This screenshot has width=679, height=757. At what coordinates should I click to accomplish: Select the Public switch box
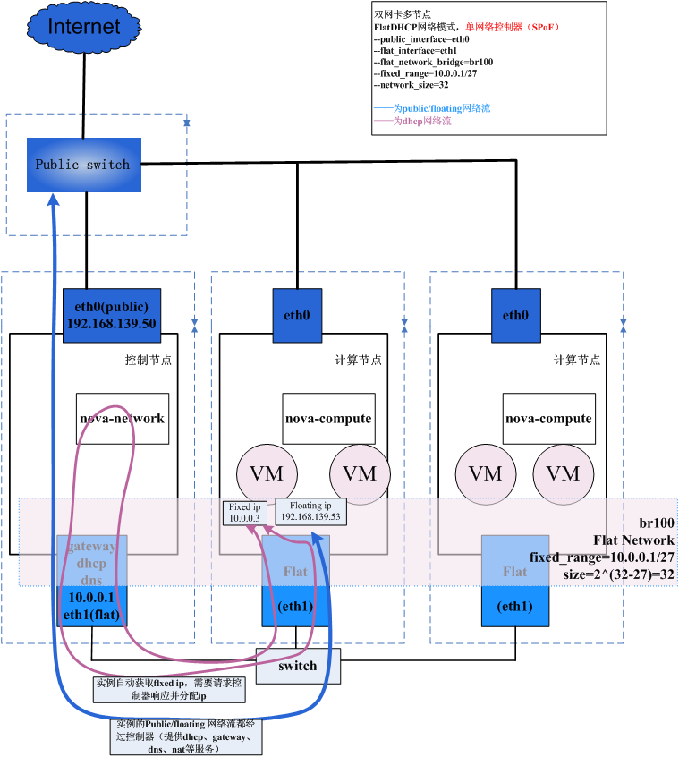pos(83,165)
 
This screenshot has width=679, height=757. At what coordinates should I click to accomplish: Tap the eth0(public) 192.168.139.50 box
pos(111,315)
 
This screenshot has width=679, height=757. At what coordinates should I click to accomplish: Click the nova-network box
pos(122,418)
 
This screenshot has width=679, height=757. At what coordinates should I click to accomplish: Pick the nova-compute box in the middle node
pos(328,418)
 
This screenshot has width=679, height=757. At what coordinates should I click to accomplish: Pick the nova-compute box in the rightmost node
pos(548,418)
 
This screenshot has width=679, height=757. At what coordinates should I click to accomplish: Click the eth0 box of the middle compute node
pos(297,315)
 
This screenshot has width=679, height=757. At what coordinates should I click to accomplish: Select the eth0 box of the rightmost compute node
pos(515,315)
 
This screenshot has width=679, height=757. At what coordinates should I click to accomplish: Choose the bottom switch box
pos(298,666)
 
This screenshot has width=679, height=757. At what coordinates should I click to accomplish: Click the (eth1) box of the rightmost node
pos(514,607)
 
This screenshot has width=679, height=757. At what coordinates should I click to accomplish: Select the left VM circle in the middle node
pos(266,473)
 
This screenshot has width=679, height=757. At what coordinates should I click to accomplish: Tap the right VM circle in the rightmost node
pos(564,473)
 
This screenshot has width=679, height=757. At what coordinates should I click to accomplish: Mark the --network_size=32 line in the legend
pos(411,85)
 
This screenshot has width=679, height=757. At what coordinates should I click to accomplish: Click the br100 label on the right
pos(658,523)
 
